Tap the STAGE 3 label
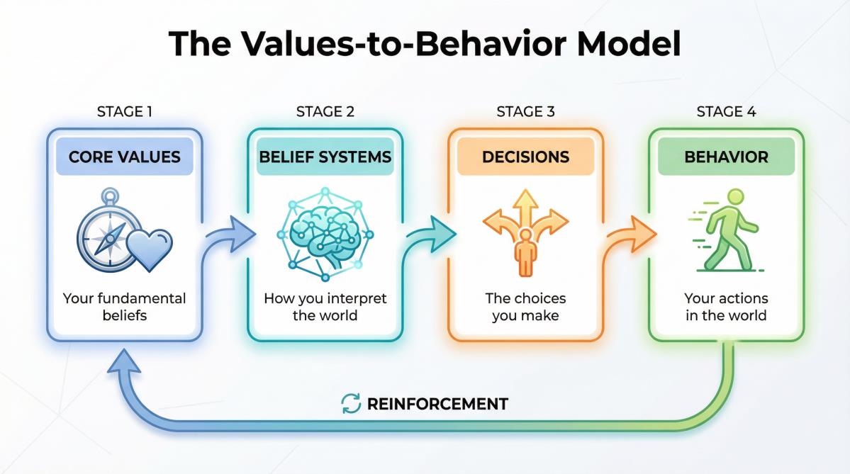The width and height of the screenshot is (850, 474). point(525,111)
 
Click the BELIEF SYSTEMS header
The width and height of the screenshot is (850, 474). point(325,157)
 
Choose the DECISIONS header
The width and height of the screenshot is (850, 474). point(525,157)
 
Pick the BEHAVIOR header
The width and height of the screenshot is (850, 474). point(726,157)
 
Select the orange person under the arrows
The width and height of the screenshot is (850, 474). point(525,252)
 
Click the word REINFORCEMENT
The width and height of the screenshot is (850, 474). point(437,405)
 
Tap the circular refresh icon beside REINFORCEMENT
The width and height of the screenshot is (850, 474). point(351,404)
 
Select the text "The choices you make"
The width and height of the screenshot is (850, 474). point(525,307)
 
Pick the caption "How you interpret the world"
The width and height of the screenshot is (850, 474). point(325,307)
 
